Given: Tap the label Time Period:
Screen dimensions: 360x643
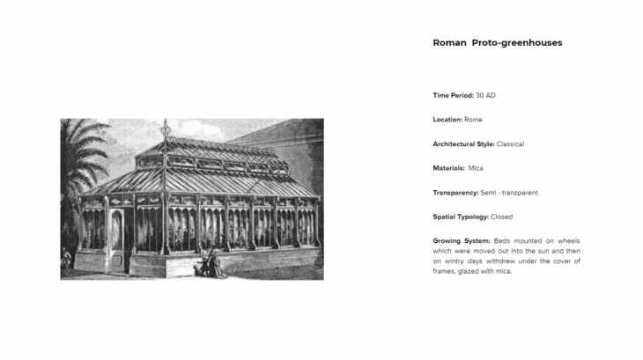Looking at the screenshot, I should pos(454,94).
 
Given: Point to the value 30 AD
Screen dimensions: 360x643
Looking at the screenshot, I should pos(491,94).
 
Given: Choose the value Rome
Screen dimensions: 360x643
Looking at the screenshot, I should pos(474,119).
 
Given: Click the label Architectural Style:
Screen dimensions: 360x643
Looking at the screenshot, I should pos(463,143).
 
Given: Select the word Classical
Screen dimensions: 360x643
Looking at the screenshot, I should pos(512,143).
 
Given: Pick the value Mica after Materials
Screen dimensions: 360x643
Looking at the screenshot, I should pos(476,168).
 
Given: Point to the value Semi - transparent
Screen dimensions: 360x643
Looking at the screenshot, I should pos(510,192).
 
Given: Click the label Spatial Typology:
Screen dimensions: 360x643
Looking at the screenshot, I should pos(461,217).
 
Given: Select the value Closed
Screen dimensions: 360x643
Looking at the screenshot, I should pos(501,217).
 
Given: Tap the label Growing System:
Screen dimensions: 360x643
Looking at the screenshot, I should pos(462,241).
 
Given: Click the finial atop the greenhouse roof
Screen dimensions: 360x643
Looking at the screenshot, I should pos(165,130).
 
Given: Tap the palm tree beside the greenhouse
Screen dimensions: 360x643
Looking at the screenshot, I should pos(81,158).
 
